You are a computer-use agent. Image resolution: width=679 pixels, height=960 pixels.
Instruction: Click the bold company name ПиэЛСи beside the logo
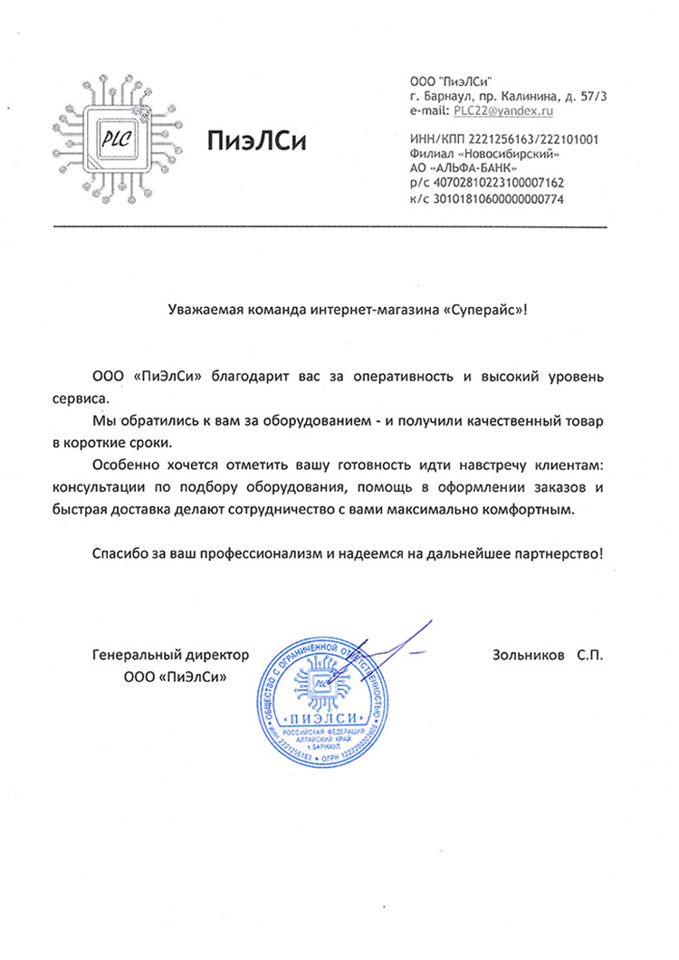tap(256, 141)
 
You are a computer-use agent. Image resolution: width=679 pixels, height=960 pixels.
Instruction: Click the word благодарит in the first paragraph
tap(245, 375)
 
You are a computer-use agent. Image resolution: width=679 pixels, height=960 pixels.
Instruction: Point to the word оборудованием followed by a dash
tap(308, 422)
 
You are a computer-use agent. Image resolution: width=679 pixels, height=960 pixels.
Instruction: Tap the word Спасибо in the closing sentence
tap(118, 552)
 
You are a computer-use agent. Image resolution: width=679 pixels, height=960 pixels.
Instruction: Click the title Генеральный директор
tap(170, 654)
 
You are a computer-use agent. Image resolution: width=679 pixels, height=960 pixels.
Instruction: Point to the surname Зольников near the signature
tap(526, 654)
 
